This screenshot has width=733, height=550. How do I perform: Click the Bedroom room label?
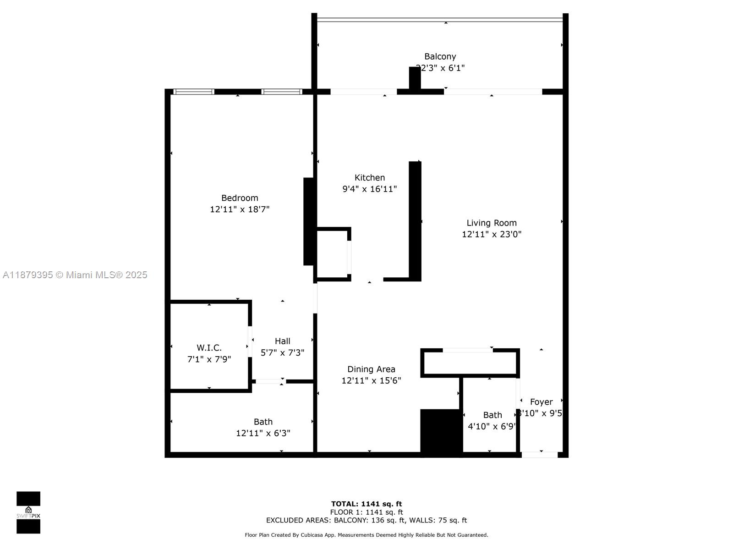240,198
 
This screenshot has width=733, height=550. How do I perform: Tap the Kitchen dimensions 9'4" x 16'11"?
369,189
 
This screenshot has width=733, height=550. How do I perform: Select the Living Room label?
492,223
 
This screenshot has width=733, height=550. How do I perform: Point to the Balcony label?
440,56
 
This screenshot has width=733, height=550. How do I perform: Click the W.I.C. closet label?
209,348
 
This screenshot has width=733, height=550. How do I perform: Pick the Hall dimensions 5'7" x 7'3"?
282,352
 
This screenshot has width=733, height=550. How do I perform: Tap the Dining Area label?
371,369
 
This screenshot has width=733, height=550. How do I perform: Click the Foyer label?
541,402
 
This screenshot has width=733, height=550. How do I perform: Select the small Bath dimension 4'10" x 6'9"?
492,426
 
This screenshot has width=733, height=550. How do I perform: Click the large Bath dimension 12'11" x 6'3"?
263,433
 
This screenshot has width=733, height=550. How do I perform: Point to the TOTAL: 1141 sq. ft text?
366,504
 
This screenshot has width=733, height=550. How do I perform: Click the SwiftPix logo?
28,512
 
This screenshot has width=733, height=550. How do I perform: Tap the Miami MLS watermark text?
75,275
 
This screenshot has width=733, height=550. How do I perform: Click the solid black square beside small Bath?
441,432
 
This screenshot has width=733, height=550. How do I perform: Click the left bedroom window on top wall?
194,92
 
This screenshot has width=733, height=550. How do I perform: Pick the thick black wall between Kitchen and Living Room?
415,221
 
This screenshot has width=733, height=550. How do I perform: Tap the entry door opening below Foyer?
539,455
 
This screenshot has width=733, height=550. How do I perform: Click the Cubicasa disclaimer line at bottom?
366,535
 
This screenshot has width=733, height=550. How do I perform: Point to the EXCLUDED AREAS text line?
366,520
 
